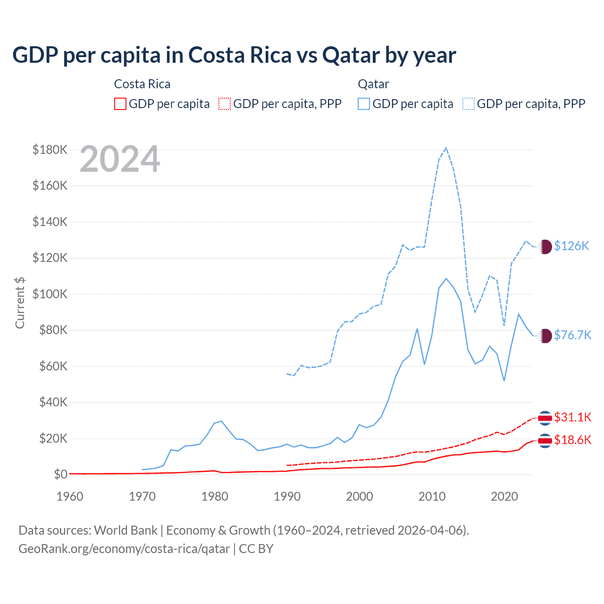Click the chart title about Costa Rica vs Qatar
coord(234,55)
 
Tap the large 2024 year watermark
coord(120,159)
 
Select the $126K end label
coord(571,246)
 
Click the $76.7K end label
coord(572,335)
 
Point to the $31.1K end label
coord(572,417)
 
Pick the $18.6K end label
coord(572,440)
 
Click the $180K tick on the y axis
coord(50,150)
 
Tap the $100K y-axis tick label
coord(50,294)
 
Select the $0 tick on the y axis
coord(60,474)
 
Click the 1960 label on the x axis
coord(70,496)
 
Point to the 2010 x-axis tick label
coord(432,496)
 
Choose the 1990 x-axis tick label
coord(287,496)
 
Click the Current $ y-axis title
coord(20,302)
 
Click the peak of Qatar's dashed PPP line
coord(446,148)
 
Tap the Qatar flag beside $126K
coord(545,246)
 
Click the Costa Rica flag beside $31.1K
coord(545,418)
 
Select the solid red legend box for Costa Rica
coord(120,104)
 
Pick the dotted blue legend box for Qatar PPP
coord(469,104)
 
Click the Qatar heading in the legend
coord(373,84)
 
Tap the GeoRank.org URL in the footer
coord(124,549)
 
